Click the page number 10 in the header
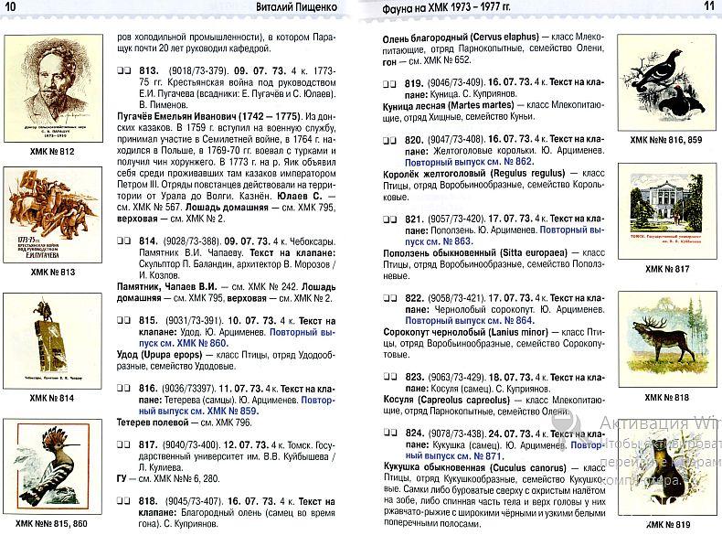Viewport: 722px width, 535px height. click(11, 7)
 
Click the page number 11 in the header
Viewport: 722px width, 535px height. click(708, 7)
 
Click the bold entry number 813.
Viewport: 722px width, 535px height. click(149, 70)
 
